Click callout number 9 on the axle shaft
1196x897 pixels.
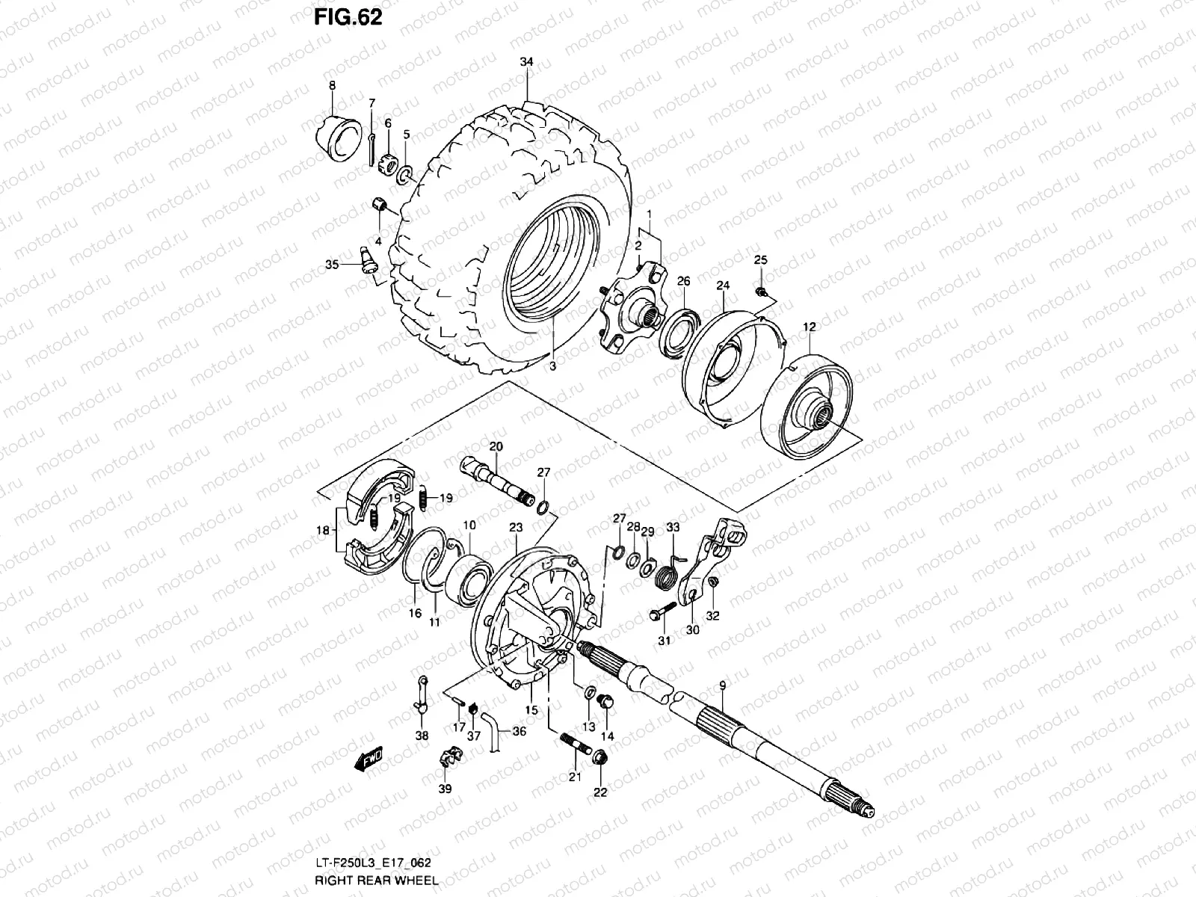[722, 685]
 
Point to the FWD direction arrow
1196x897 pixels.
[369, 761]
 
